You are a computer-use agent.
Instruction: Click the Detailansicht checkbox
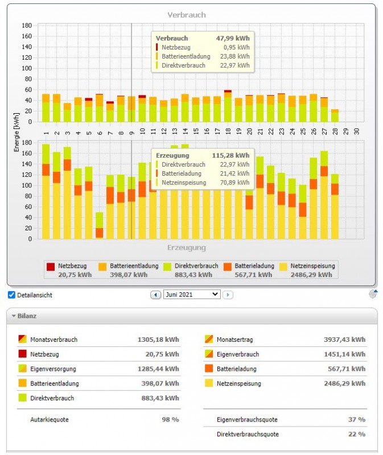tap(11, 295)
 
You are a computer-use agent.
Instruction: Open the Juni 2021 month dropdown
tap(192, 295)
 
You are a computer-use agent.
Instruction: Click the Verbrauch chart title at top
tap(187, 15)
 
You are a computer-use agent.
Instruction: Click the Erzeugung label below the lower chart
tap(187, 248)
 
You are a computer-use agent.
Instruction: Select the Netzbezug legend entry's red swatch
tap(51, 266)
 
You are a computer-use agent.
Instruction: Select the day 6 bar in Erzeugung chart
tap(100, 225)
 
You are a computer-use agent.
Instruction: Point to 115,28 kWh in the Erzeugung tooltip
tap(233, 155)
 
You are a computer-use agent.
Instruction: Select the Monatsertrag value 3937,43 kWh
tap(344, 340)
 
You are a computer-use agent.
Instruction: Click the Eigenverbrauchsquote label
tap(247, 420)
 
